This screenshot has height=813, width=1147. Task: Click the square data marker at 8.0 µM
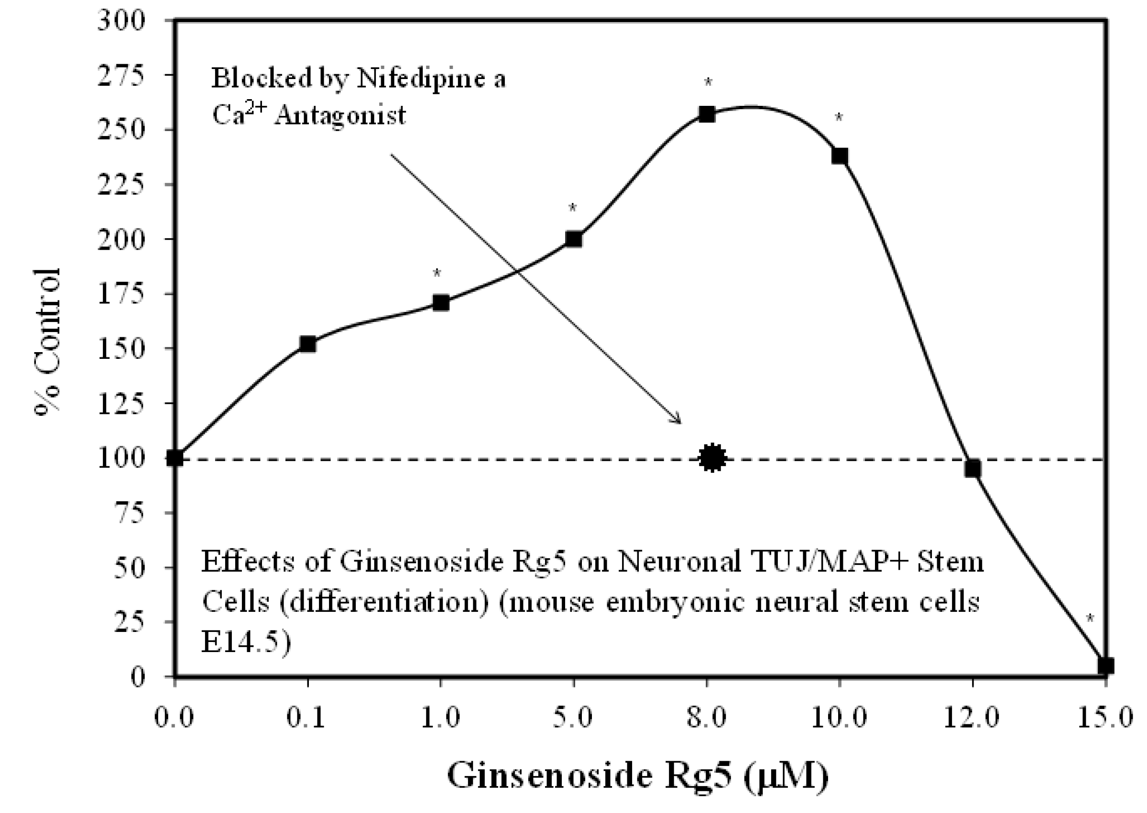coord(706,115)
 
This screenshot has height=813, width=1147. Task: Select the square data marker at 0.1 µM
coord(307,344)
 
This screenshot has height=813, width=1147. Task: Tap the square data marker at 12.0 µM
coord(972,469)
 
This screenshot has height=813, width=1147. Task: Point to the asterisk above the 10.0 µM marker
coord(839,119)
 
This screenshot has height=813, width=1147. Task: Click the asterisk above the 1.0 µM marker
coord(437,274)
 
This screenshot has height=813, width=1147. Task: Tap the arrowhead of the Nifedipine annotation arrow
coord(678,421)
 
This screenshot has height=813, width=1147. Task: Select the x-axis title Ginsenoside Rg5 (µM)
coord(637,777)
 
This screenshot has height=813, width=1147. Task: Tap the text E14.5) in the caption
coord(246,643)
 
